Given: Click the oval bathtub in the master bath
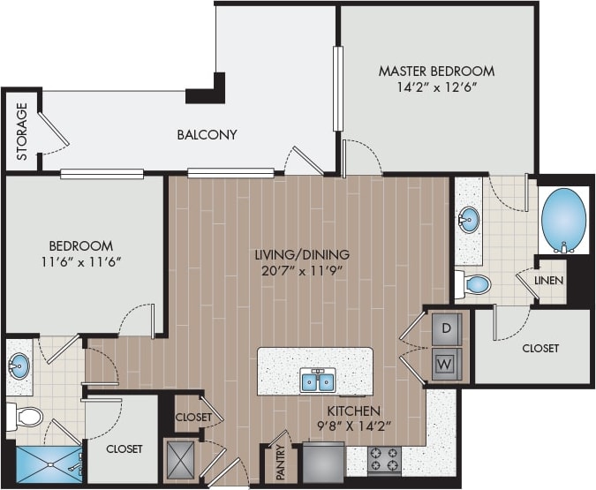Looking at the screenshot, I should click(x=563, y=219).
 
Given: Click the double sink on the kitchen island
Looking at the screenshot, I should click(x=317, y=381).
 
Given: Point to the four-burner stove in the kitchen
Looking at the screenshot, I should click(x=384, y=459).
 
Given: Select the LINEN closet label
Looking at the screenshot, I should click(x=549, y=281).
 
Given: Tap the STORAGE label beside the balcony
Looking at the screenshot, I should click(x=22, y=132).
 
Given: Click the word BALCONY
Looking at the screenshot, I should click(x=207, y=135).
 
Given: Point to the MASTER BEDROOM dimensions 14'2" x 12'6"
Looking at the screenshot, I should click(x=436, y=88).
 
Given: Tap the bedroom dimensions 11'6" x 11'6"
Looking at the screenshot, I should click(x=80, y=262).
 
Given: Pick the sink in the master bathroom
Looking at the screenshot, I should click(x=469, y=219).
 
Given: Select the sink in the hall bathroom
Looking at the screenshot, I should click(x=19, y=364).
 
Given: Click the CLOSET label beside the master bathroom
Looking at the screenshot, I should click(x=540, y=349).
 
